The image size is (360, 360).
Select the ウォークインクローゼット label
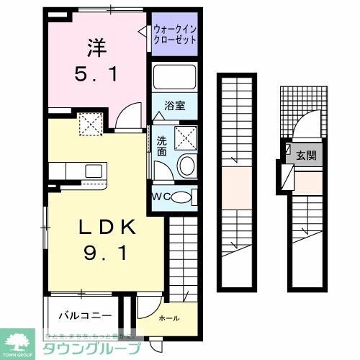click(175, 34)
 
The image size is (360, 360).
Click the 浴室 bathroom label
click(175, 106)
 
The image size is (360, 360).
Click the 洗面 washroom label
click(163, 145)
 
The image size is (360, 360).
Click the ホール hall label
click(168, 318)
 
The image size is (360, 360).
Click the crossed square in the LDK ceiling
click(91, 127)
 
